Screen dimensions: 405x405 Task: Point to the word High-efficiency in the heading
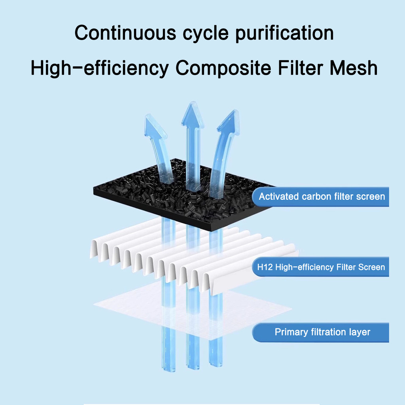click(99, 68)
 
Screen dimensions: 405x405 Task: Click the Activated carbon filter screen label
click(322, 197)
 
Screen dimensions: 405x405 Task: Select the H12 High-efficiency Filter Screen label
click(321, 267)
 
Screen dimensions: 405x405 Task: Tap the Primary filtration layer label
click(322, 332)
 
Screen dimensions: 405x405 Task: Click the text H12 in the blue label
click(265, 267)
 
